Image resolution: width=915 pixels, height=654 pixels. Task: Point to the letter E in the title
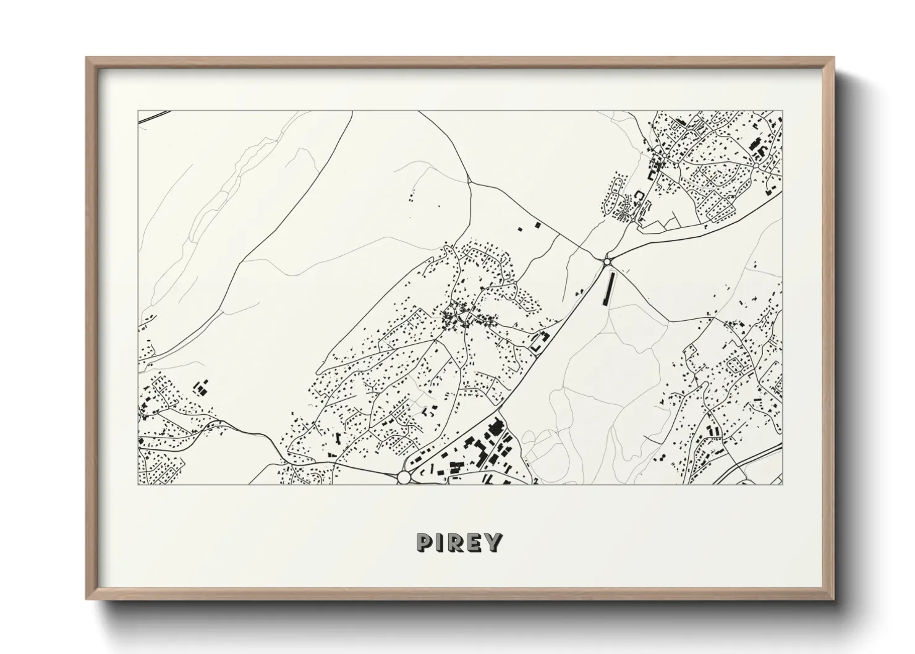pyautogui.click(x=475, y=543)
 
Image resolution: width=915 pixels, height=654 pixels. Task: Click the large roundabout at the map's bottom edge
pyautogui.click(x=404, y=477)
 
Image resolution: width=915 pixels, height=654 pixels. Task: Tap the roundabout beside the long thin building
pyautogui.click(x=607, y=261)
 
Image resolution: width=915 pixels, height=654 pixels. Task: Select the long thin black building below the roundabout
pyautogui.click(x=612, y=289)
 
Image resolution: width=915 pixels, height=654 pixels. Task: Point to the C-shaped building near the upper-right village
pyautogui.click(x=639, y=196)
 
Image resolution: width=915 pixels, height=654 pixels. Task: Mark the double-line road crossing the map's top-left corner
pyautogui.click(x=153, y=116)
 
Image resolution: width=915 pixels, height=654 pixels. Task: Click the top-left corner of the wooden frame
pyautogui.click(x=87, y=58)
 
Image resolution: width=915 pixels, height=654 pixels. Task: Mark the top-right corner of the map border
pyautogui.click(x=783, y=111)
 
